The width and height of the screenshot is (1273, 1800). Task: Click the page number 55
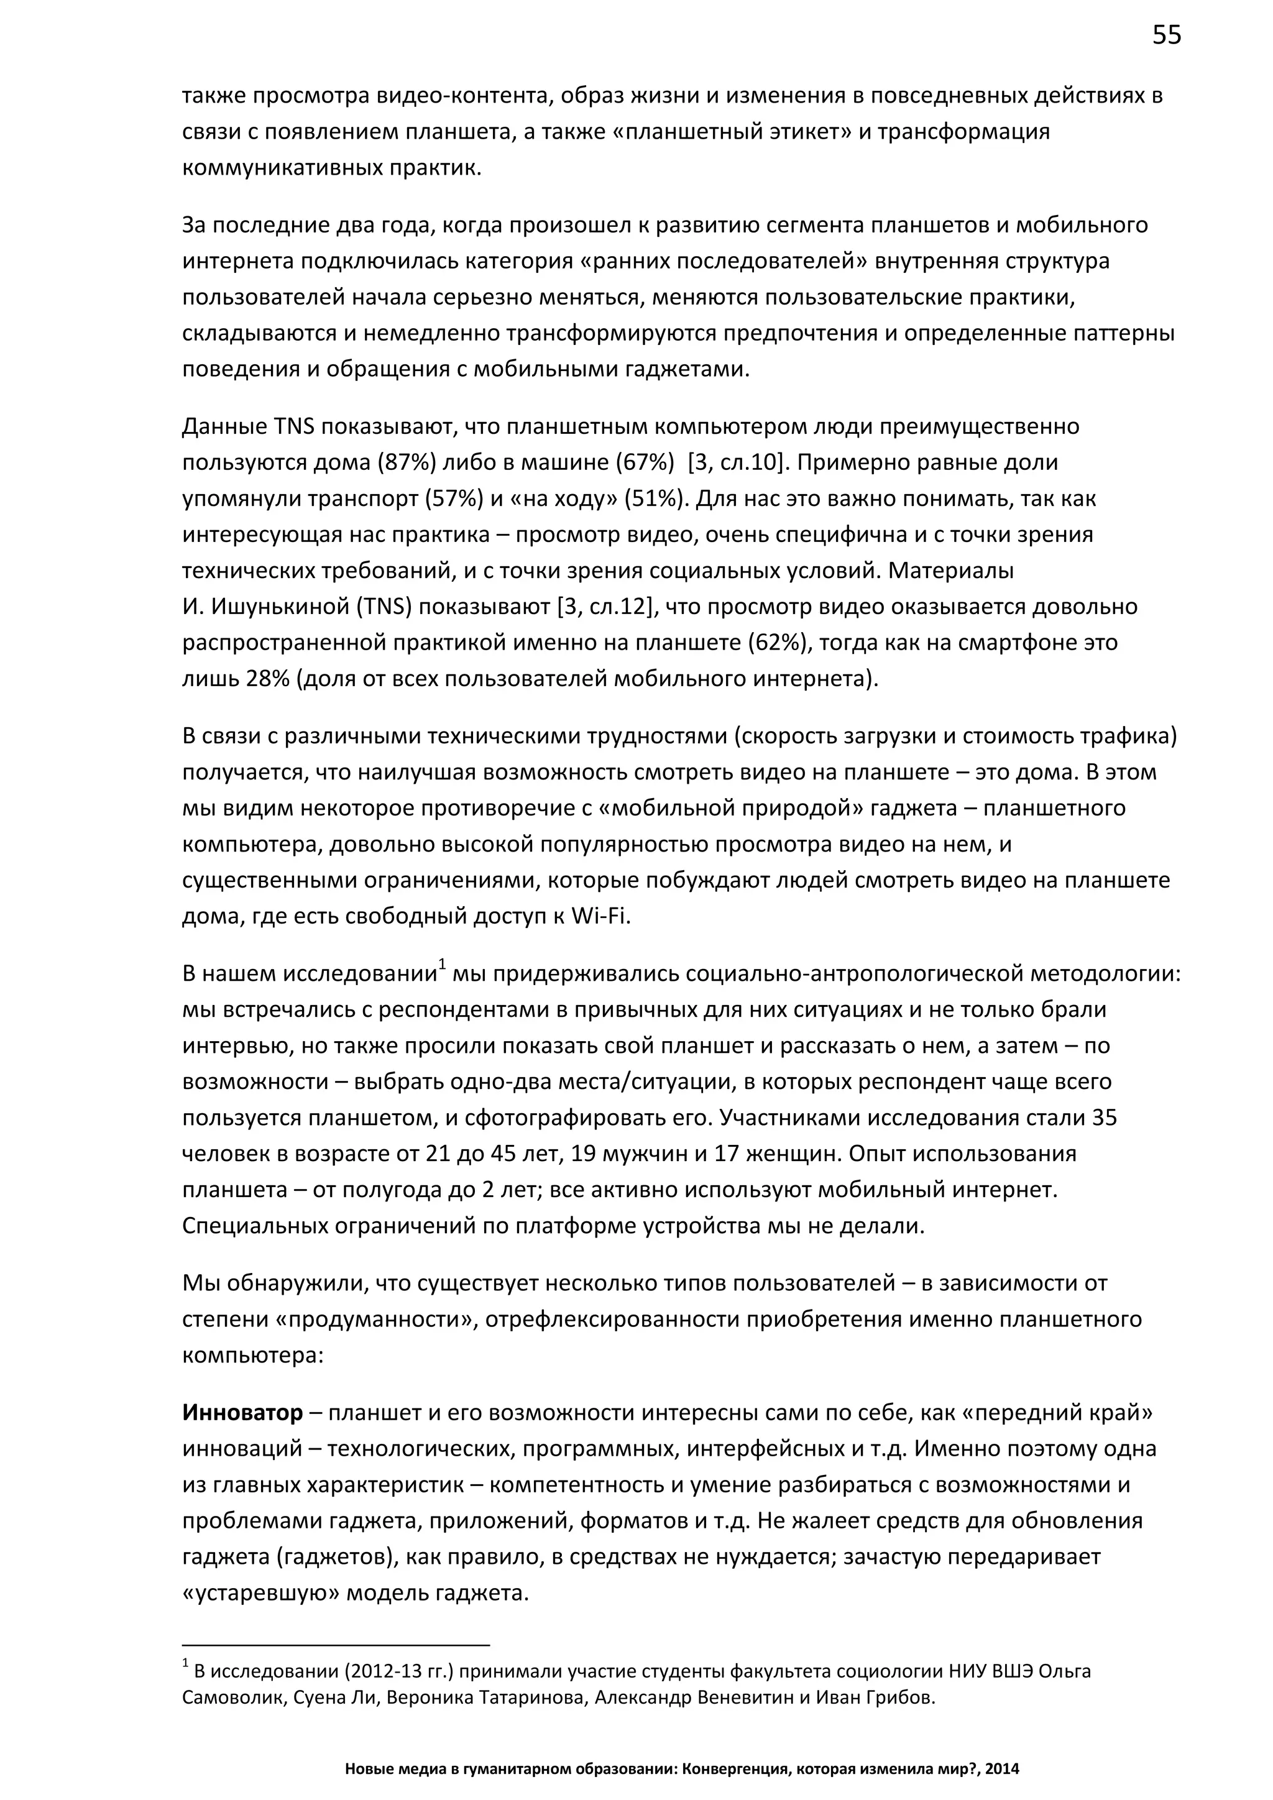click(1166, 35)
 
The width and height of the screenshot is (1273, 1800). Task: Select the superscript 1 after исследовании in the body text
click(442, 964)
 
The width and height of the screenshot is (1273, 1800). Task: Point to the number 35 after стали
click(1104, 1117)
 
